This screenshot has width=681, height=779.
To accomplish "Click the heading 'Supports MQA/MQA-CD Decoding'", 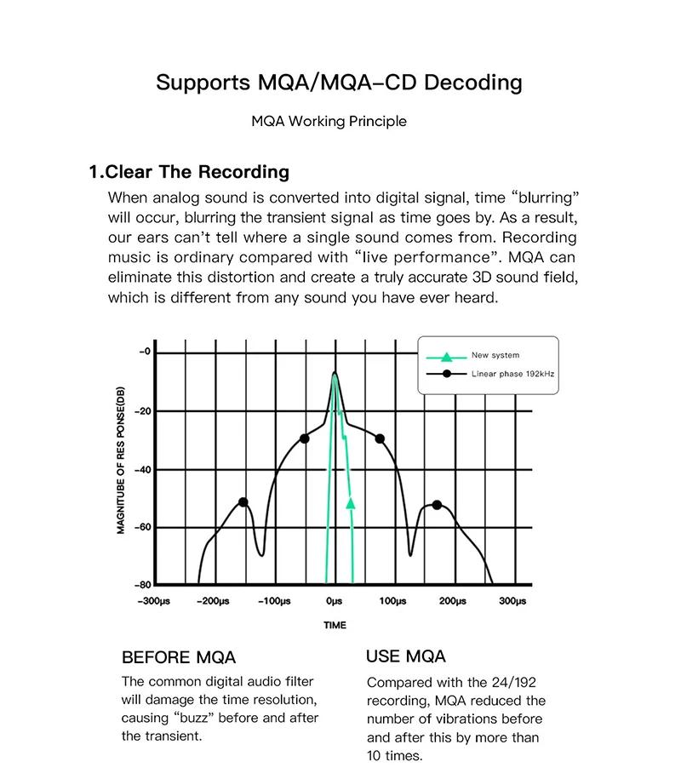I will click(339, 83).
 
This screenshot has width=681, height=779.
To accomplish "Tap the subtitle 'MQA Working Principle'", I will click(329, 121).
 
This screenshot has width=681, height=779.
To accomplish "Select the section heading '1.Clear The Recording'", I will click(189, 172).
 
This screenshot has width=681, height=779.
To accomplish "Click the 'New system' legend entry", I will click(495, 355).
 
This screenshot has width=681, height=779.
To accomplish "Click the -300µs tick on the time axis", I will click(153, 602).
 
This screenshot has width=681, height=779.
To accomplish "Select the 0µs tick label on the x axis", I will click(334, 602).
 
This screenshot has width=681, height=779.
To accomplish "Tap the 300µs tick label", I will click(512, 602).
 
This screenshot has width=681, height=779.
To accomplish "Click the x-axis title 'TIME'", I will click(335, 626).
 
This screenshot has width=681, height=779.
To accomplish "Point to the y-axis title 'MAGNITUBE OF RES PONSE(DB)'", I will click(121, 459).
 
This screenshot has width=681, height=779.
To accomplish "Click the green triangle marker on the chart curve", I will click(351, 503).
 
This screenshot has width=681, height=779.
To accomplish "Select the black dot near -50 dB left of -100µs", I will click(243, 502).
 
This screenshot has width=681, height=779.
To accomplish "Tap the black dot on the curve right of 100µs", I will click(438, 505).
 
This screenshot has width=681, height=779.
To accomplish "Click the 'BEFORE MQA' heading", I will click(179, 657).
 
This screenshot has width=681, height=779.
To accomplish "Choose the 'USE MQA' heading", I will click(406, 656).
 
